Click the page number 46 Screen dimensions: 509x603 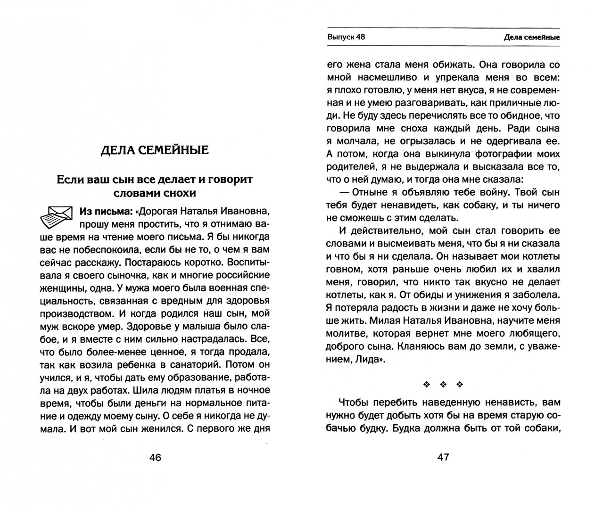(x=155, y=457)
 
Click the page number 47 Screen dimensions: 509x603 (x=444, y=457)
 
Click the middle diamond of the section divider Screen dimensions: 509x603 (x=444, y=385)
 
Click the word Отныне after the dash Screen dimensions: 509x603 (x=381, y=192)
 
